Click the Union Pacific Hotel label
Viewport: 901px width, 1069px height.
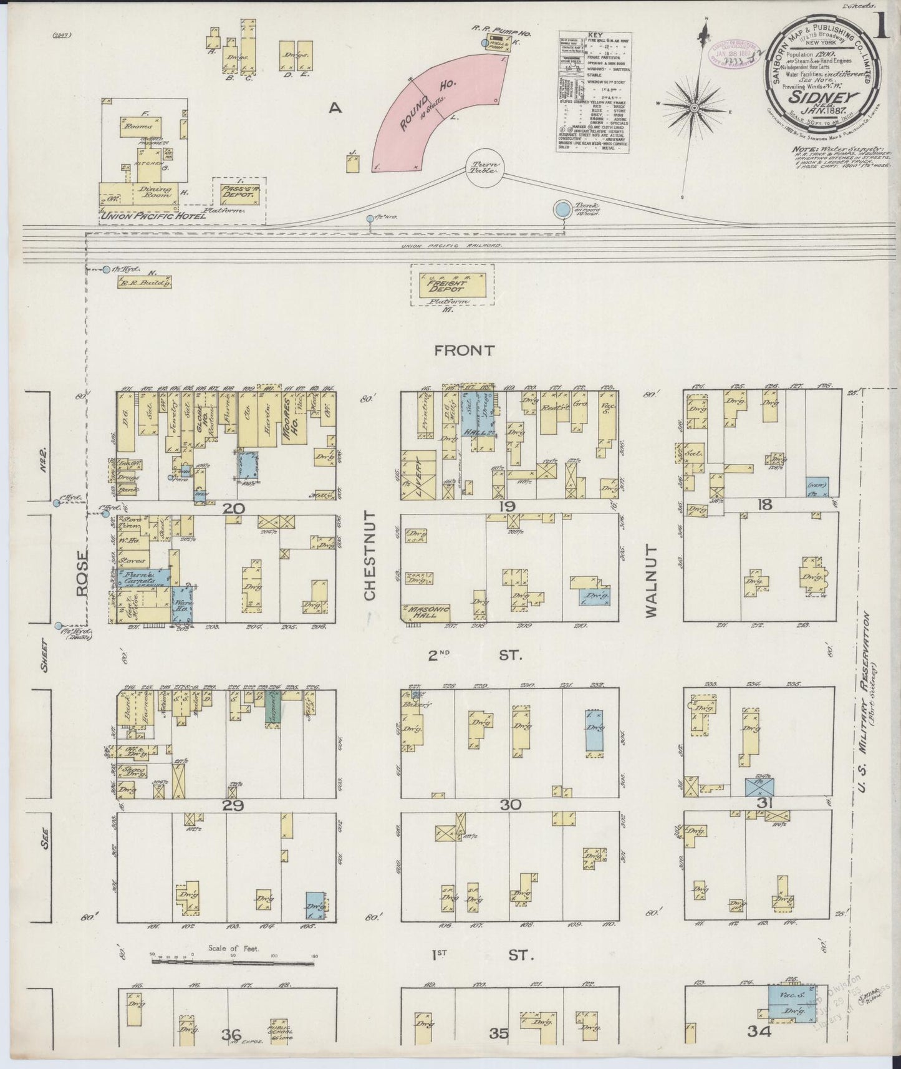point(153,216)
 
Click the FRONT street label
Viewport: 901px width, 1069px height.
point(465,351)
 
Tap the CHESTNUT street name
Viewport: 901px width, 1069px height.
point(370,556)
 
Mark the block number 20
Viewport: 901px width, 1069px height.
point(234,509)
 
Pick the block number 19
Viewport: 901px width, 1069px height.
point(505,506)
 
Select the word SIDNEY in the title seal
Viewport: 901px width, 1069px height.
point(822,97)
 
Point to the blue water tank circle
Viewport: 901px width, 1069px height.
point(563,209)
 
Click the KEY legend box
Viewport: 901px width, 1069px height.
point(594,92)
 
